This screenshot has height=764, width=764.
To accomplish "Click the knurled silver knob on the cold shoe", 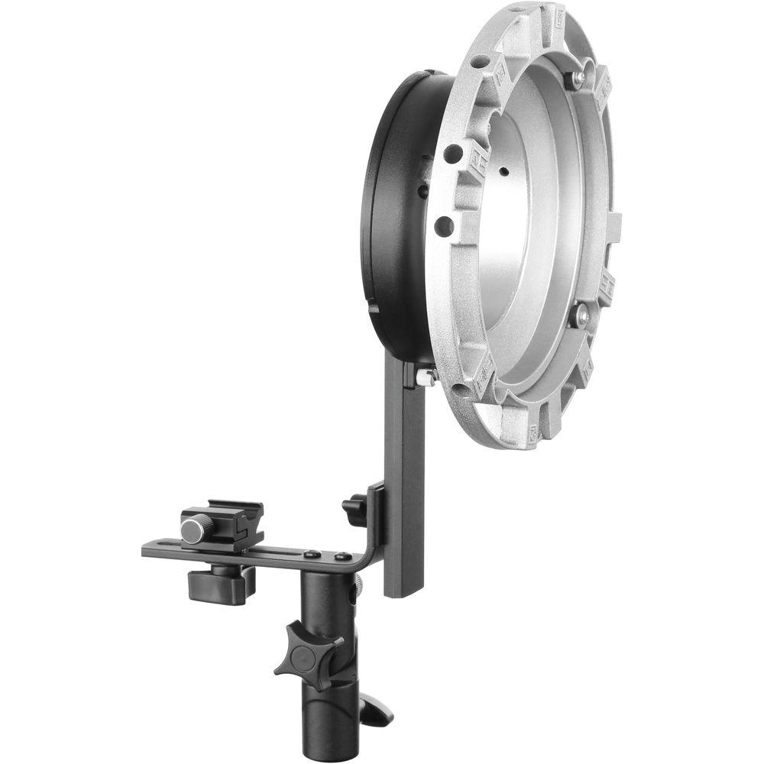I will click(x=196, y=528).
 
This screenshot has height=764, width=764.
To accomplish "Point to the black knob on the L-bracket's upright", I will click(x=354, y=510).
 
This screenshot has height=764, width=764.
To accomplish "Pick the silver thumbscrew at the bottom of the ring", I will click(x=424, y=375).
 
